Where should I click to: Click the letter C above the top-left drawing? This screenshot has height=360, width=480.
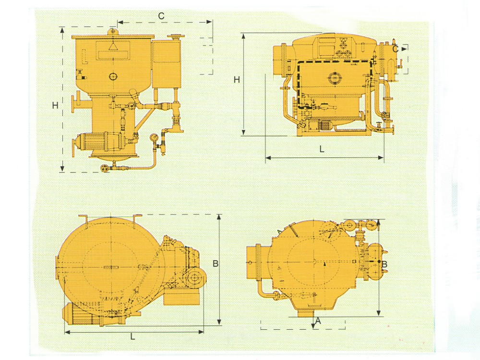tap(161, 16)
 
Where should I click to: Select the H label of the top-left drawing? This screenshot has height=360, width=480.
tap(55, 106)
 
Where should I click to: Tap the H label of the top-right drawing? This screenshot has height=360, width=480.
tap(237, 80)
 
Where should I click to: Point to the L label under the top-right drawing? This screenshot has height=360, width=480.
tap(322, 149)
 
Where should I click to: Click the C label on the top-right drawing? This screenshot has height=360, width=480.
tap(395, 49)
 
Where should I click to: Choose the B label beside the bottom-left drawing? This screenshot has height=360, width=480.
tap(216, 263)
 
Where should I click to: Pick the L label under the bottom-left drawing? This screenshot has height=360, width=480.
tap(132, 337)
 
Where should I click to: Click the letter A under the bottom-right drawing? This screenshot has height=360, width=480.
tap(318, 321)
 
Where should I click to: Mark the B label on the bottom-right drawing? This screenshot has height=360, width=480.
tap(384, 264)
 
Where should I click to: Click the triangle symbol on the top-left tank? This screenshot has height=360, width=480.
tap(113, 46)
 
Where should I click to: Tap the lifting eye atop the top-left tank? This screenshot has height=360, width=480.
tap(113, 31)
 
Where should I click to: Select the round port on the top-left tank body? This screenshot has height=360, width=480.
tap(113, 76)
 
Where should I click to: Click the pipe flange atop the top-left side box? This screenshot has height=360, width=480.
tap(176, 37)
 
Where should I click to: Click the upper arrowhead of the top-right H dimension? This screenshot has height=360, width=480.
tap(244, 36)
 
